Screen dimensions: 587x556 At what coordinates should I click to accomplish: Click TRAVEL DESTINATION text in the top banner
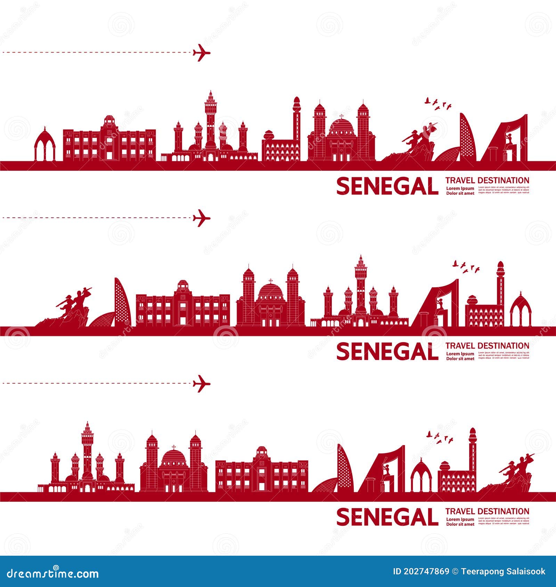[x=487, y=180]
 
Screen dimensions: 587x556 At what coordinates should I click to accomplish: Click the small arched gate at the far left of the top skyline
[x=45, y=144]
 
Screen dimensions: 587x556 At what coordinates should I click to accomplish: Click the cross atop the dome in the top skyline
[x=341, y=116]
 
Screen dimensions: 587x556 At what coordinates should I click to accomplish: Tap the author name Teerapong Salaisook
[x=503, y=572]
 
